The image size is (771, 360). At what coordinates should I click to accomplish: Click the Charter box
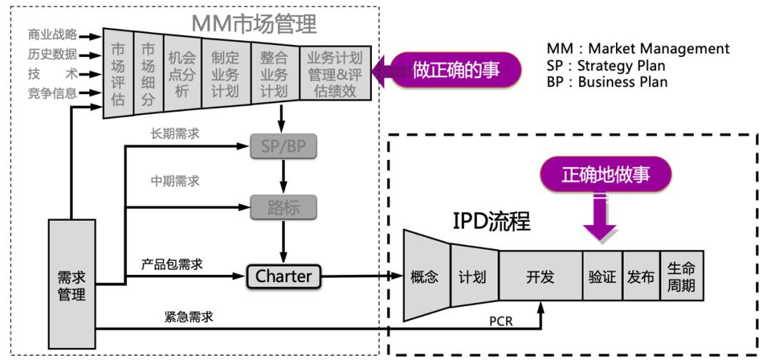[x=283, y=276]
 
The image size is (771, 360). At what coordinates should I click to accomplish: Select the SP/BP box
[x=283, y=146]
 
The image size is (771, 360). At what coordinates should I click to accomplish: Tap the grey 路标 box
[x=283, y=207]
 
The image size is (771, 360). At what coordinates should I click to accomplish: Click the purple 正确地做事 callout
[x=605, y=174]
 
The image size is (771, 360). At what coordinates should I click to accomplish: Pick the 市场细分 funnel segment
[x=148, y=74]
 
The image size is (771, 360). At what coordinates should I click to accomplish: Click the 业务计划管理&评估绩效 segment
[x=334, y=74]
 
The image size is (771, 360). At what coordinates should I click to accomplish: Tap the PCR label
[x=500, y=321]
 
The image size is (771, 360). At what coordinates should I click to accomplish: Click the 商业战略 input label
[x=52, y=34]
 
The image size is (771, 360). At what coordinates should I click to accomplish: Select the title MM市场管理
[x=253, y=24]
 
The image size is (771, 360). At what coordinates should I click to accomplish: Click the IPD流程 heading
[x=492, y=221]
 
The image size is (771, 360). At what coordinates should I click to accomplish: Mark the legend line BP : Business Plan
[x=608, y=81]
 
